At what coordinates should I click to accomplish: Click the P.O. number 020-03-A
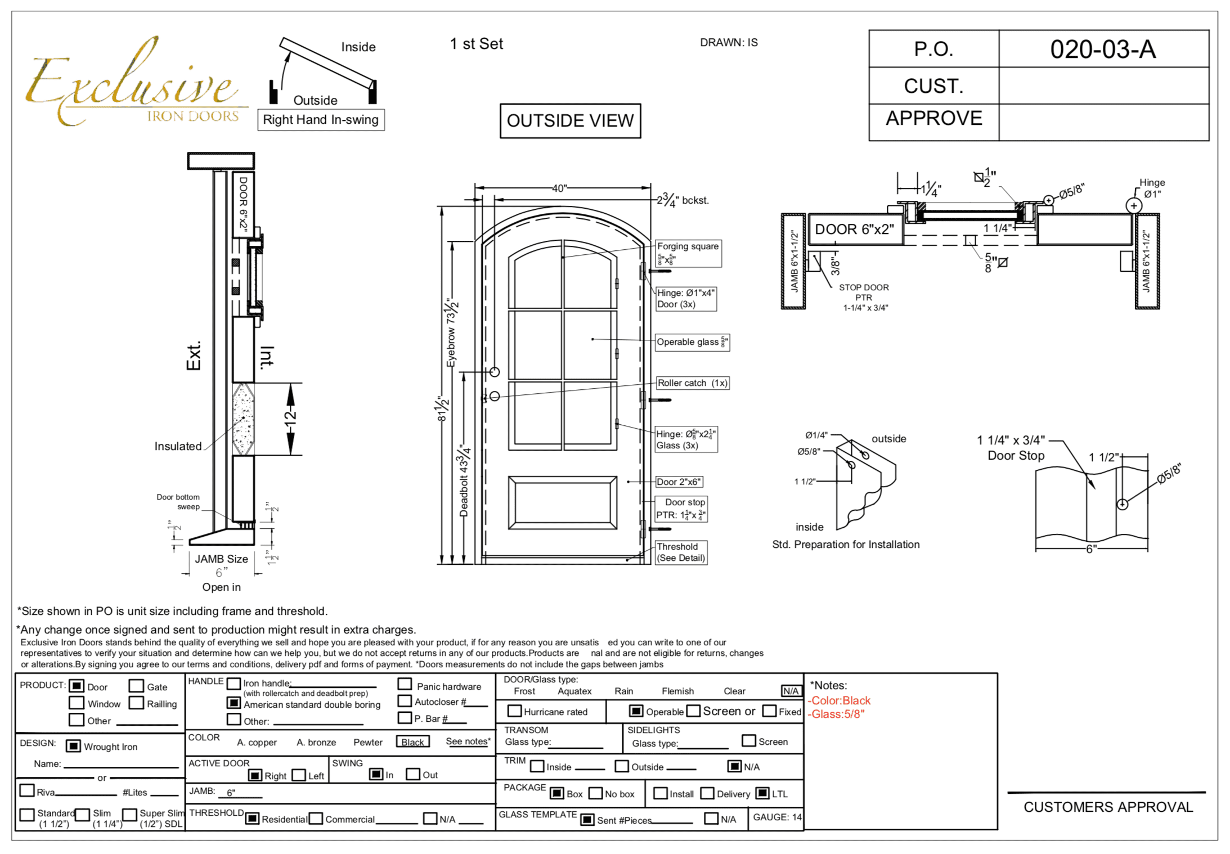(1102, 50)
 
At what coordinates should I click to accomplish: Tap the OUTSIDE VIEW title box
(570, 120)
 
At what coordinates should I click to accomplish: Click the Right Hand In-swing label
(321, 120)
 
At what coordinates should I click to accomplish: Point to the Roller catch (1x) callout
(692, 383)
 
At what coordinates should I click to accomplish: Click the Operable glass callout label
(692, 342)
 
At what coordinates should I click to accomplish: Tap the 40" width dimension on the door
(559, 188)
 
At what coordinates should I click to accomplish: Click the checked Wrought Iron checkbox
(73, 746)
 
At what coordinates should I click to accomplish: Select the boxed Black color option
(412, 742)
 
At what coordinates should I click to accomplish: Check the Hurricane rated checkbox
(514, 711)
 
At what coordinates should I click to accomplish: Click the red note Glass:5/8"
(836, 714)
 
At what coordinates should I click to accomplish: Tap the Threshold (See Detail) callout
(680, 552)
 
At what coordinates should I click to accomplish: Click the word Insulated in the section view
(178, 446)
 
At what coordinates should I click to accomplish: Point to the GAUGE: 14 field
(776, 817)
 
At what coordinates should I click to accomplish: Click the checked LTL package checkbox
(762, 793)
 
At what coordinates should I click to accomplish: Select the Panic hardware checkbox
(405, 684)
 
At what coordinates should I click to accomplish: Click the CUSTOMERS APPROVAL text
(1108, 807)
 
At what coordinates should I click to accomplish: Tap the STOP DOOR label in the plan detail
(864, 287)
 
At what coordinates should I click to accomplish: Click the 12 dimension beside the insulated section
(290, 419)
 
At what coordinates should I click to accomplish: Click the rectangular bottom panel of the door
(562, 502)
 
